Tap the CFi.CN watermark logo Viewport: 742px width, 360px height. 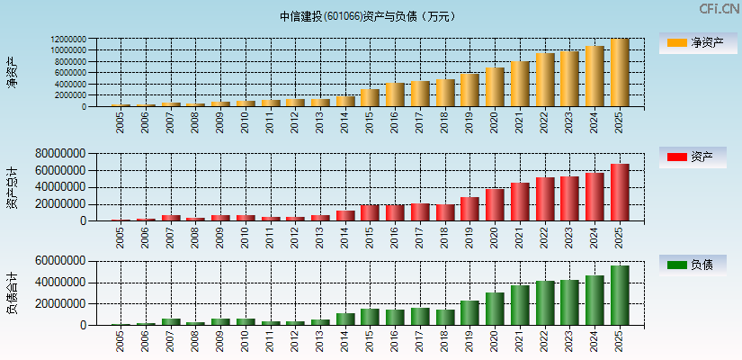[719, 9]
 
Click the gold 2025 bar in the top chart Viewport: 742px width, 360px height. [620, 73]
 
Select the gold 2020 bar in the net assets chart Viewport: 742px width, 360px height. [495, 87]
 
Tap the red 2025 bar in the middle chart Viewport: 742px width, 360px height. [620, 193]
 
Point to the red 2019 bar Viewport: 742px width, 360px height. [469, 209]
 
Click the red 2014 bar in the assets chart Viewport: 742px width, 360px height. [345, 216]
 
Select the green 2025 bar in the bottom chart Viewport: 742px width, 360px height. [620, 295]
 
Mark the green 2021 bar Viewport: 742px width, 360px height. [520, 305]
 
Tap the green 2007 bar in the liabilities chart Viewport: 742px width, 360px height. [171, 321]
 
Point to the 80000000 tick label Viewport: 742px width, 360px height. [60, 154]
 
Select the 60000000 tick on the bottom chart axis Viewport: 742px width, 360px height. [60, 261]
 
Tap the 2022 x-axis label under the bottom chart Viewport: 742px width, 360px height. [545, 341]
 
